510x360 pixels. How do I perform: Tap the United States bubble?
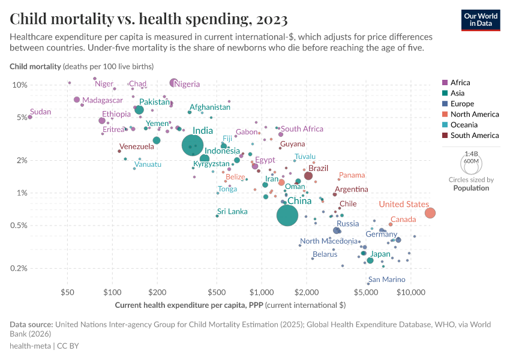coord(430,213)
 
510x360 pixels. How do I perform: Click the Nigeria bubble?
coord(173,83)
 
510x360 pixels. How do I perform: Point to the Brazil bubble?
coord(308,176)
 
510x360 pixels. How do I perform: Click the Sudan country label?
coord(41,112)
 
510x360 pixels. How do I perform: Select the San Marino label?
coord(386,280)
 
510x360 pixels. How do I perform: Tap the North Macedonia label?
coord(329,241)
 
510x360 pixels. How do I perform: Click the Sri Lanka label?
coord(232,211)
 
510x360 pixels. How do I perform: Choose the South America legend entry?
coord(474,136)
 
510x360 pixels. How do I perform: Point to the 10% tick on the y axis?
coord(20,85)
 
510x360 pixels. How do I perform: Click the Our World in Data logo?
coord(480,20)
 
